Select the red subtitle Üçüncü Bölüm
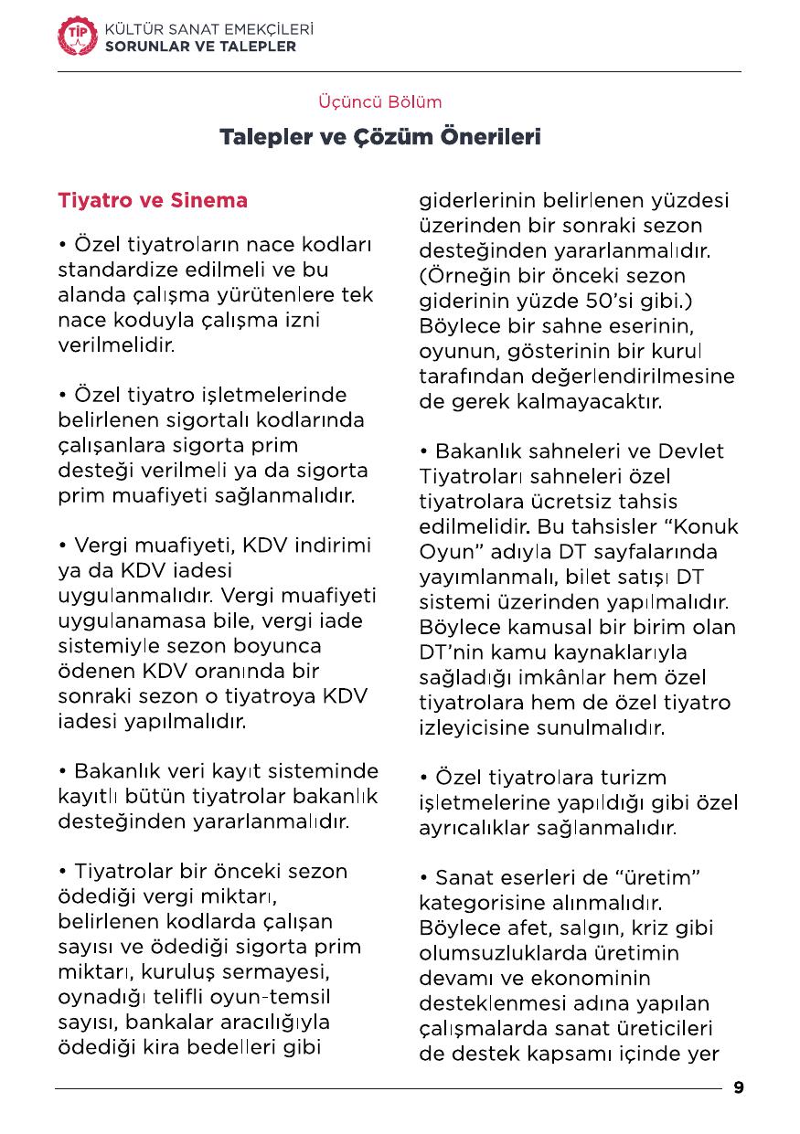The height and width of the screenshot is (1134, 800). (379, 101)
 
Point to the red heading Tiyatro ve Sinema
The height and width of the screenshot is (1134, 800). (153, 200)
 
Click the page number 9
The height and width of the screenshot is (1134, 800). (739, 1087)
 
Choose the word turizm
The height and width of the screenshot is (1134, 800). (633, 779)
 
